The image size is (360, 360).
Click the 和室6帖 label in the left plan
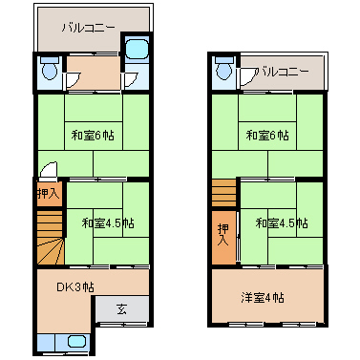[95, 135]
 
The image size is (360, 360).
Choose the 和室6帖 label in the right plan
[268, 135]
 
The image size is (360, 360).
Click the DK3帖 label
[74, 286]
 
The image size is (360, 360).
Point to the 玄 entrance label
[122, 308]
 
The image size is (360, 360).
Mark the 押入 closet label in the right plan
[223, 234]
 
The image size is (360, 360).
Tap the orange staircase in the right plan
[222, 191]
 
